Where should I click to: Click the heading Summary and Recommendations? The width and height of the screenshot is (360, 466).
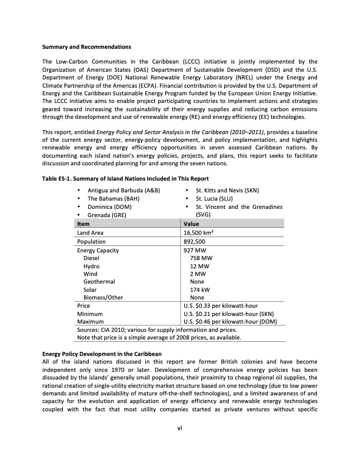pyautogui.click(x=86, y=46)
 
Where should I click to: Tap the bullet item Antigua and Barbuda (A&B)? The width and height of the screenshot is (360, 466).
pyautogui.click(x=124, y=191)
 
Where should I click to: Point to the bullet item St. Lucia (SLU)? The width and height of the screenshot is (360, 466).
pyautogui.click(x=219, y=199)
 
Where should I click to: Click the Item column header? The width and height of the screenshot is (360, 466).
pyautogui.click(x=84, y=224)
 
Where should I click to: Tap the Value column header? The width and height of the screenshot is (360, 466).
pyautogui.click(x=192, y=224)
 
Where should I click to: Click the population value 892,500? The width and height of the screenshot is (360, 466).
pyautogui.click(x=195, y=241)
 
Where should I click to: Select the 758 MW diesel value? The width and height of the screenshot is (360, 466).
pyautogui.click(x=201, y=258)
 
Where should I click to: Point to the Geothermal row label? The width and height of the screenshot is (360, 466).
pyautogui.click(x=99, y=282)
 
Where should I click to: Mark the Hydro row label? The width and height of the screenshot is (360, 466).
pyautogui.click(x=91, y=266)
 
